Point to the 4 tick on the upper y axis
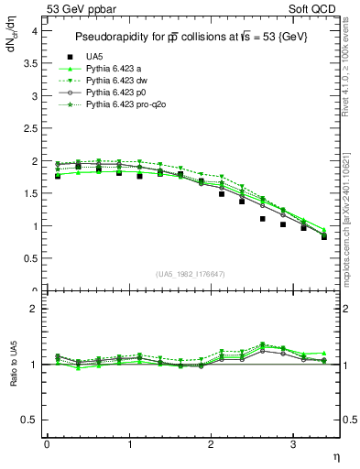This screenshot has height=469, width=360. click(34, 31)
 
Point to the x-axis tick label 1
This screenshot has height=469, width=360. click(129, 444)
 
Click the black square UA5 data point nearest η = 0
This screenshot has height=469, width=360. click(57, 175)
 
